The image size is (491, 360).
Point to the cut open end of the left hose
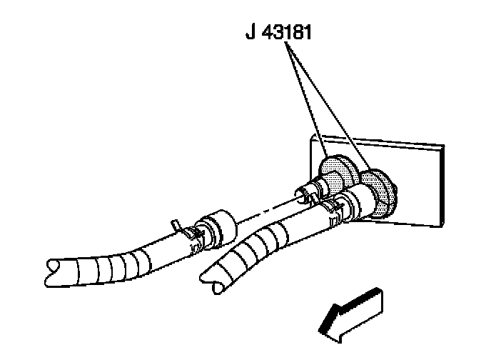(53, 269)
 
